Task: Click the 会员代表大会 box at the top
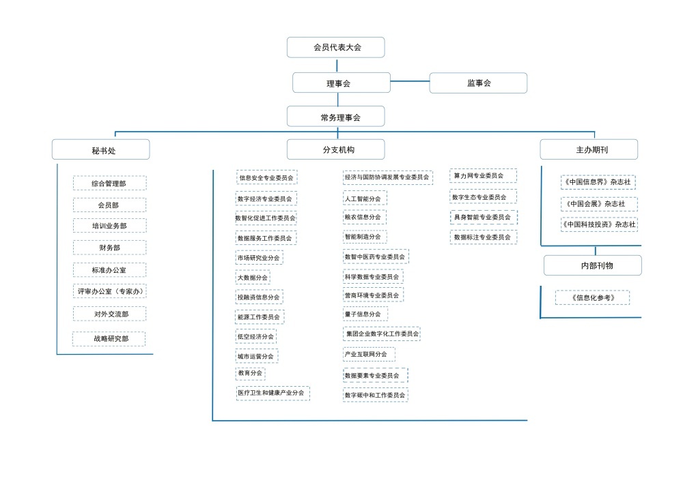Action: (x=335, y=47)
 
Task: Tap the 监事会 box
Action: (x=478, y=83)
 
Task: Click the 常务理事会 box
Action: (x=335, y=117)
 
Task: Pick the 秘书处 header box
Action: (x=101, y=149)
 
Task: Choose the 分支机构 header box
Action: (x=335, y=149)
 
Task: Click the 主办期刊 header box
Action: (x=589, y=149)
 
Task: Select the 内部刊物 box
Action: (x=592, y=265)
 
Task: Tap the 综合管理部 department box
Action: (x=109, y=183)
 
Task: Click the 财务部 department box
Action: (x=109, y=248)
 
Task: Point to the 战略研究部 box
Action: (x=109, y=338)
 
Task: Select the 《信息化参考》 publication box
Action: (x=592, y=297)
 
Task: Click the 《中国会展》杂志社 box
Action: (x=599, y=204)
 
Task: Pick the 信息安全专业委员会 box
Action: (x=267, y=177)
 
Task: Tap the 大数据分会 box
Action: (x=253, y=278)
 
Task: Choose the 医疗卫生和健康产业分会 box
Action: (x=273, y=393)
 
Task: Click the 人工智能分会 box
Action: (x=365, y=198)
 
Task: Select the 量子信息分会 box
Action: (x=365, y=314)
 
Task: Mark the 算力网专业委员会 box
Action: (x=483, y=176)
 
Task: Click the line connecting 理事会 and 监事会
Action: (x=410, y=82)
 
